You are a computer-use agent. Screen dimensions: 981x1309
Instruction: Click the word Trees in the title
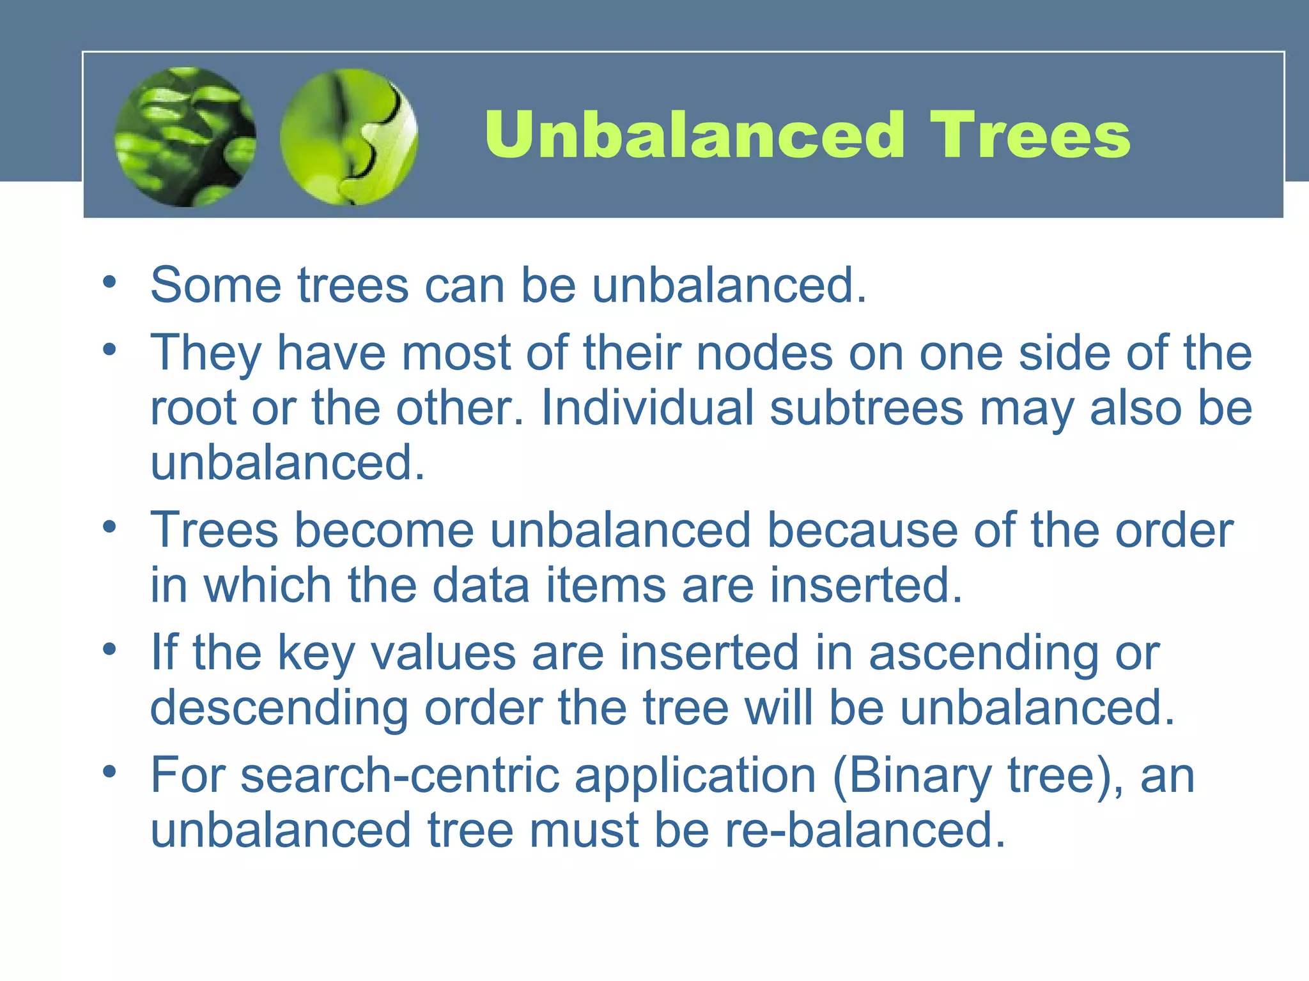point(1030,135)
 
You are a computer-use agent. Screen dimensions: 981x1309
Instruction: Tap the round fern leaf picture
point(185,137)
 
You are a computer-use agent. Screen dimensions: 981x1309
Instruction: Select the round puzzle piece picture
point(349,137)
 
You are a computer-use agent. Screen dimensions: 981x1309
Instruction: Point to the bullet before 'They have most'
point(110,349)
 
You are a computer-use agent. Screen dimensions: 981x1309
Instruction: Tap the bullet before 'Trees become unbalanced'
point(110,527)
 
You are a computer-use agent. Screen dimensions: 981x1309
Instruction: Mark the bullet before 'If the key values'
point(110,650)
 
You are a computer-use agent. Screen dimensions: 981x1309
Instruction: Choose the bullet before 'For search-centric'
point(110,772)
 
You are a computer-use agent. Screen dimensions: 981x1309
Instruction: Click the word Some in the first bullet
point(215,285)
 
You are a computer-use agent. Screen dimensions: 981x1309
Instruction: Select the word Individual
point(647,407)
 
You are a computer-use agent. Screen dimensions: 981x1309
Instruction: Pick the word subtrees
point(866,407)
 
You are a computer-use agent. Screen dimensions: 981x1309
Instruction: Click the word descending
point(279,709)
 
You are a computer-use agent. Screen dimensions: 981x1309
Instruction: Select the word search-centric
point(400,775)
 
